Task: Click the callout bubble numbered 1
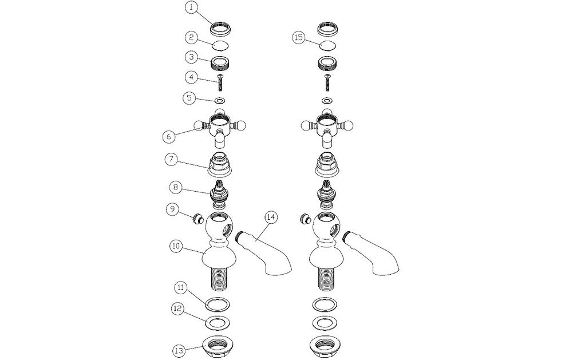coord(192,8)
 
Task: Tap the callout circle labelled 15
coord(299,38)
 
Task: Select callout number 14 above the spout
coord(271,217)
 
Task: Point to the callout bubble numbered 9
coord(172,209)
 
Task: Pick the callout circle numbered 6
coord(169,136)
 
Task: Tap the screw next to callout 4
coord(220,82)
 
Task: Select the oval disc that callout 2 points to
coord(220,46)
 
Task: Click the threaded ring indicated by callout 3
coord(220,64)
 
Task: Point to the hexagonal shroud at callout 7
coord(220,165)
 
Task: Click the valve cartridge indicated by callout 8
coord(219,195)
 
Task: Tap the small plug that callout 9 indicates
coord(198,219)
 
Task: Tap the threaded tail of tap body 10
coord(218,278)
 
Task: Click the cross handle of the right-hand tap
coord(326,128)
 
